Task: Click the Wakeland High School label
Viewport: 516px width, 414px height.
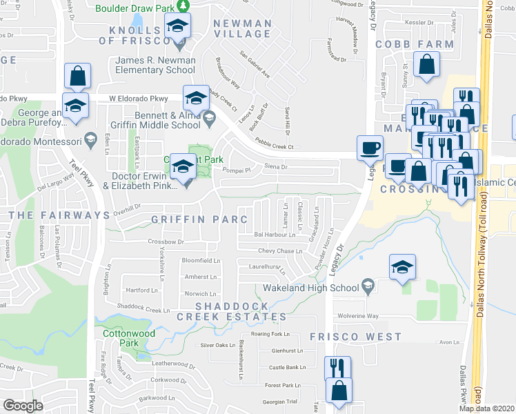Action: coord(308,288)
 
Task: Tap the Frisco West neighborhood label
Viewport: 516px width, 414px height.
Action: coord(355,337)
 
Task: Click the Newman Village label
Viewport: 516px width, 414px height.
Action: coord(242,28)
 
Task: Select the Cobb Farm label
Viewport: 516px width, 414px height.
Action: coord(415,44)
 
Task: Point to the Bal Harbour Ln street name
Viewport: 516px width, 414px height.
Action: coord(269,234)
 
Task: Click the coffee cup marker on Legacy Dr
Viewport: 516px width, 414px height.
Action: coord(370,148)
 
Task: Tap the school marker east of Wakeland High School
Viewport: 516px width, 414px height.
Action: coord(402,267)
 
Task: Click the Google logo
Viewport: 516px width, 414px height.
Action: coord(23,406)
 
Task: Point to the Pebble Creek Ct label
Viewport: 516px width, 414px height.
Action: coord(270,146)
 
